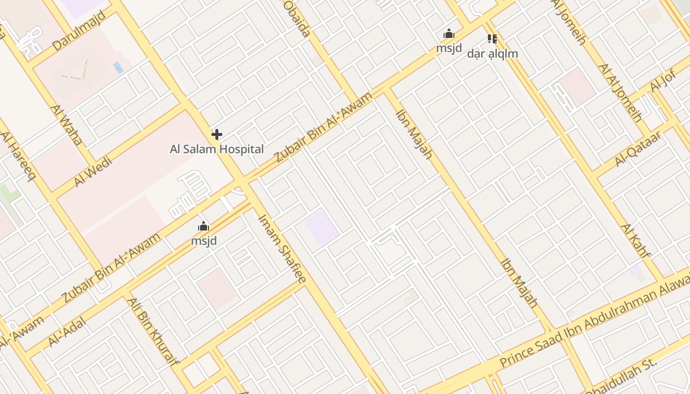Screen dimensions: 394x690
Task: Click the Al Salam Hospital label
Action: point(217,149)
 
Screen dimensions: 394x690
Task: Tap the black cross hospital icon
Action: point(217,134)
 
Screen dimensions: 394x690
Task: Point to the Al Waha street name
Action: point(67,125)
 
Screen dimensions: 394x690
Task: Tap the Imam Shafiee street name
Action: point(282,249)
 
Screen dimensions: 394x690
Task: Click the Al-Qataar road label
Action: point(638,149)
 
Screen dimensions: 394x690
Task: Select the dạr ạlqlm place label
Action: point(492,54)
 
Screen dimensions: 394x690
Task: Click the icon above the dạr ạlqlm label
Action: point(492,38)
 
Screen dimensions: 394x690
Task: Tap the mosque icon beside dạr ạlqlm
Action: point(448,34)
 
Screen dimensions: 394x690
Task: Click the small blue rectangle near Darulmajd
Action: point(118,67)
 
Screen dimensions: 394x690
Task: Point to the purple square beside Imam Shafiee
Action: point(321,228)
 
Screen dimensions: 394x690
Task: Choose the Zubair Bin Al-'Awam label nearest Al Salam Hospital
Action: point(323,127)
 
